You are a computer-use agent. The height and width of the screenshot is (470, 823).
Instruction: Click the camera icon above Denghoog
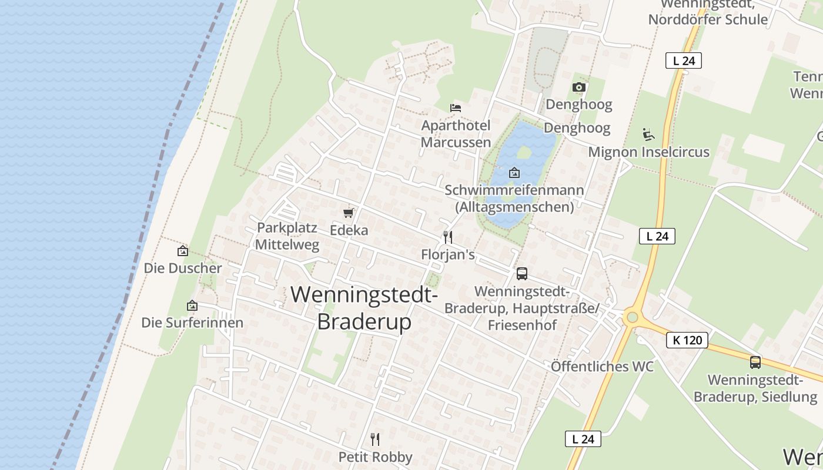[579, 88]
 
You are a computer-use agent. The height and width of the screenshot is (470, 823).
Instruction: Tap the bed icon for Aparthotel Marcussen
[455, 108]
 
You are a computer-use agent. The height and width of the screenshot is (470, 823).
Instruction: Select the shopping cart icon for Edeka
[349, 213]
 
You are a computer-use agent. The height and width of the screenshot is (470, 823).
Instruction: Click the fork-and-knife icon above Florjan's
[448, 237]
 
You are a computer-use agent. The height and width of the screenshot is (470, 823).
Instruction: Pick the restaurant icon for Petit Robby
[375, 439]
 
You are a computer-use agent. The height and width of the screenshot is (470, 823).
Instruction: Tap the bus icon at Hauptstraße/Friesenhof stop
[521, 273]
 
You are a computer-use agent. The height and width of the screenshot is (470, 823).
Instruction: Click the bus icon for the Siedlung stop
[755, 362]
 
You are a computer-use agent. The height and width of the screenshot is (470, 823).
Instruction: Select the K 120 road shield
[687, 340]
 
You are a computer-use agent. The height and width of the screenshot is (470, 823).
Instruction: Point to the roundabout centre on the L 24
[632, 318]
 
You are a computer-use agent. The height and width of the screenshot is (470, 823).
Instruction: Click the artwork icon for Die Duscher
[183, 251]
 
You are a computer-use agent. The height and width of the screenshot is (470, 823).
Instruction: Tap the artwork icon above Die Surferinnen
[192, 305]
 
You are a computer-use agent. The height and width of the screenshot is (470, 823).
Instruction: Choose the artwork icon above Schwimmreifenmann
[514, 173]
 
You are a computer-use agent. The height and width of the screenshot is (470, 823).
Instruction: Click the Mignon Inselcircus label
[648, 152]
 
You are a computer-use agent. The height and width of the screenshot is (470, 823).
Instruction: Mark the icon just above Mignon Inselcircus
[648, 135]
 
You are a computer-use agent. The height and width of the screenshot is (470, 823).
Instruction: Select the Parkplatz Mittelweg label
[288, 236]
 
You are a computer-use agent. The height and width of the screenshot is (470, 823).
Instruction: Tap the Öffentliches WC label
[602, 367]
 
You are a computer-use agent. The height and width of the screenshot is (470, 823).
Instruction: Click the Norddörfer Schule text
[708, 19]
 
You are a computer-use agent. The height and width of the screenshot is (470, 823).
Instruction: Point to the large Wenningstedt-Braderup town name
[364, 308]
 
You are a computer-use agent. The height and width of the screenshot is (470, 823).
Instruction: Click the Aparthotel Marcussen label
[456, 134]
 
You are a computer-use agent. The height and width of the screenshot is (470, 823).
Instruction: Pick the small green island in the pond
[523, 152]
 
